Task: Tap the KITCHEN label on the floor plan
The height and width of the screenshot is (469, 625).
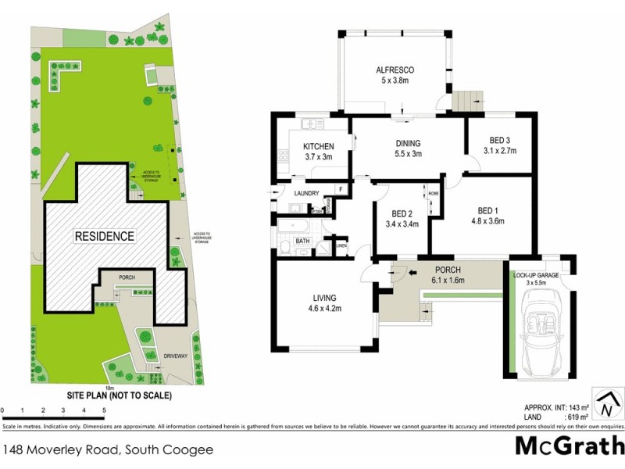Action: point(318,146)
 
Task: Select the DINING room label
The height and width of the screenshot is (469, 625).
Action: point(407,143)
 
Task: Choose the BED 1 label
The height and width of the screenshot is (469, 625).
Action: point(487,210)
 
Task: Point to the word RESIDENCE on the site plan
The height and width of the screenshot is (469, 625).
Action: point(105,235)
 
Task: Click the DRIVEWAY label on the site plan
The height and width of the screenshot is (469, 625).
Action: point(177,356)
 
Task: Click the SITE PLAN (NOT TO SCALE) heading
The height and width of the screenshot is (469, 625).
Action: point(119,396)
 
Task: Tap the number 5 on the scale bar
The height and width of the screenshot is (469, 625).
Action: point(104,410)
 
